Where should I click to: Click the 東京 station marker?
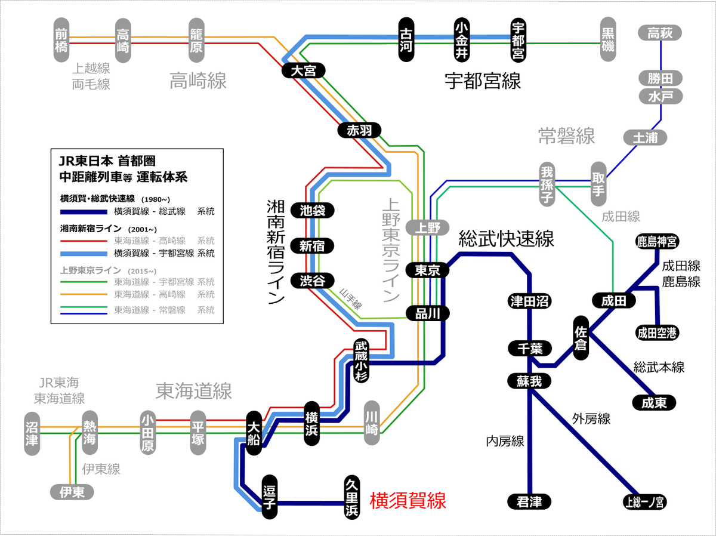pos(427,270)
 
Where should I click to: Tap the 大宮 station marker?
pos(303,71)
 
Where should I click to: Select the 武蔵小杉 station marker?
pos(362,361)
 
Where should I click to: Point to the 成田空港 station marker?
pos(657,333)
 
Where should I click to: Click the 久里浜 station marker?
pos(352,497)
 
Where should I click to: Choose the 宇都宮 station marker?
pos(518,40)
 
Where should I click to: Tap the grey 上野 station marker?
pos(427,227)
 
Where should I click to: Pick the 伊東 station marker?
pos(72,492)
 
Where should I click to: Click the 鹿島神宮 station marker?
pos(657,242)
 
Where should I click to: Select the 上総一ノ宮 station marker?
pos(644,502)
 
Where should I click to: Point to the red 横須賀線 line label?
pos(408,501)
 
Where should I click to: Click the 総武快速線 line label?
pos(506,239)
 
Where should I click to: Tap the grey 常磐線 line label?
pos(567,136)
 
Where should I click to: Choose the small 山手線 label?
pos(351,299)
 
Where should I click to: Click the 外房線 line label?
pos(591,419)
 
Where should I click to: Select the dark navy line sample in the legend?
pos(84,212)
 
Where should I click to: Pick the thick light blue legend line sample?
pos(84,254)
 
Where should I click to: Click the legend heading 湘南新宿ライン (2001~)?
pos(109,229)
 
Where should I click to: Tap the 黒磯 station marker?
pos(608,39)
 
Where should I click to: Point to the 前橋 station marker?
pos(61,40)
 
